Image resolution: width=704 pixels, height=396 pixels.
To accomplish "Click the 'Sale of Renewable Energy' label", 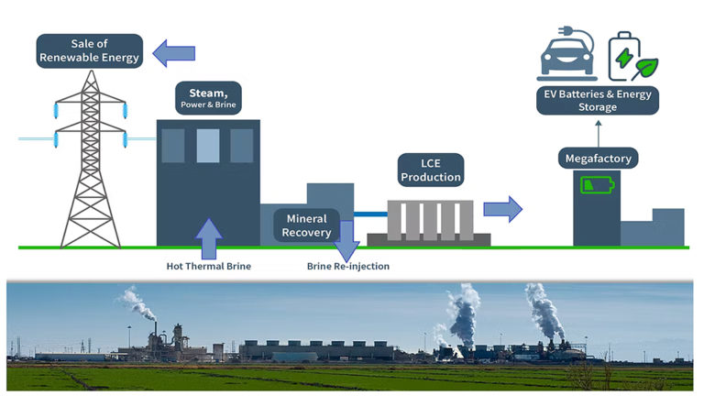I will coord(90,51).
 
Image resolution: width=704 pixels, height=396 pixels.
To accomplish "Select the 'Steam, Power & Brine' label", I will coord(209,98).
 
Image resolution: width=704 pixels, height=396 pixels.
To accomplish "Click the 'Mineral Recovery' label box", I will coord(306,225).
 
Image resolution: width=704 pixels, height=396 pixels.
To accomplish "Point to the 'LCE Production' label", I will coord(429,170).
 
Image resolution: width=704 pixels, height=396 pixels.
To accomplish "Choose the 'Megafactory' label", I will coord(598,159).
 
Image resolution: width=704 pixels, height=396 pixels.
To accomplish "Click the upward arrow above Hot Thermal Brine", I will coord(208,237).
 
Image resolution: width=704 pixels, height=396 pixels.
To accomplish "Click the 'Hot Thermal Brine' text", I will coord(208,266).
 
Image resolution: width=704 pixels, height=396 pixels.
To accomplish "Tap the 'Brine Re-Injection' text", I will coord(347,266).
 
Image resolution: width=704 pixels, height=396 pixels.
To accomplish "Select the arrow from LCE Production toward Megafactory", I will coord(502,209).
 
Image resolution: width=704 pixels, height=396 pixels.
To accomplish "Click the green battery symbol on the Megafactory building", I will coord(596,186).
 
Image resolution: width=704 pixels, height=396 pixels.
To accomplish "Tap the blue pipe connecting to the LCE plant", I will coord(370,214).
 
